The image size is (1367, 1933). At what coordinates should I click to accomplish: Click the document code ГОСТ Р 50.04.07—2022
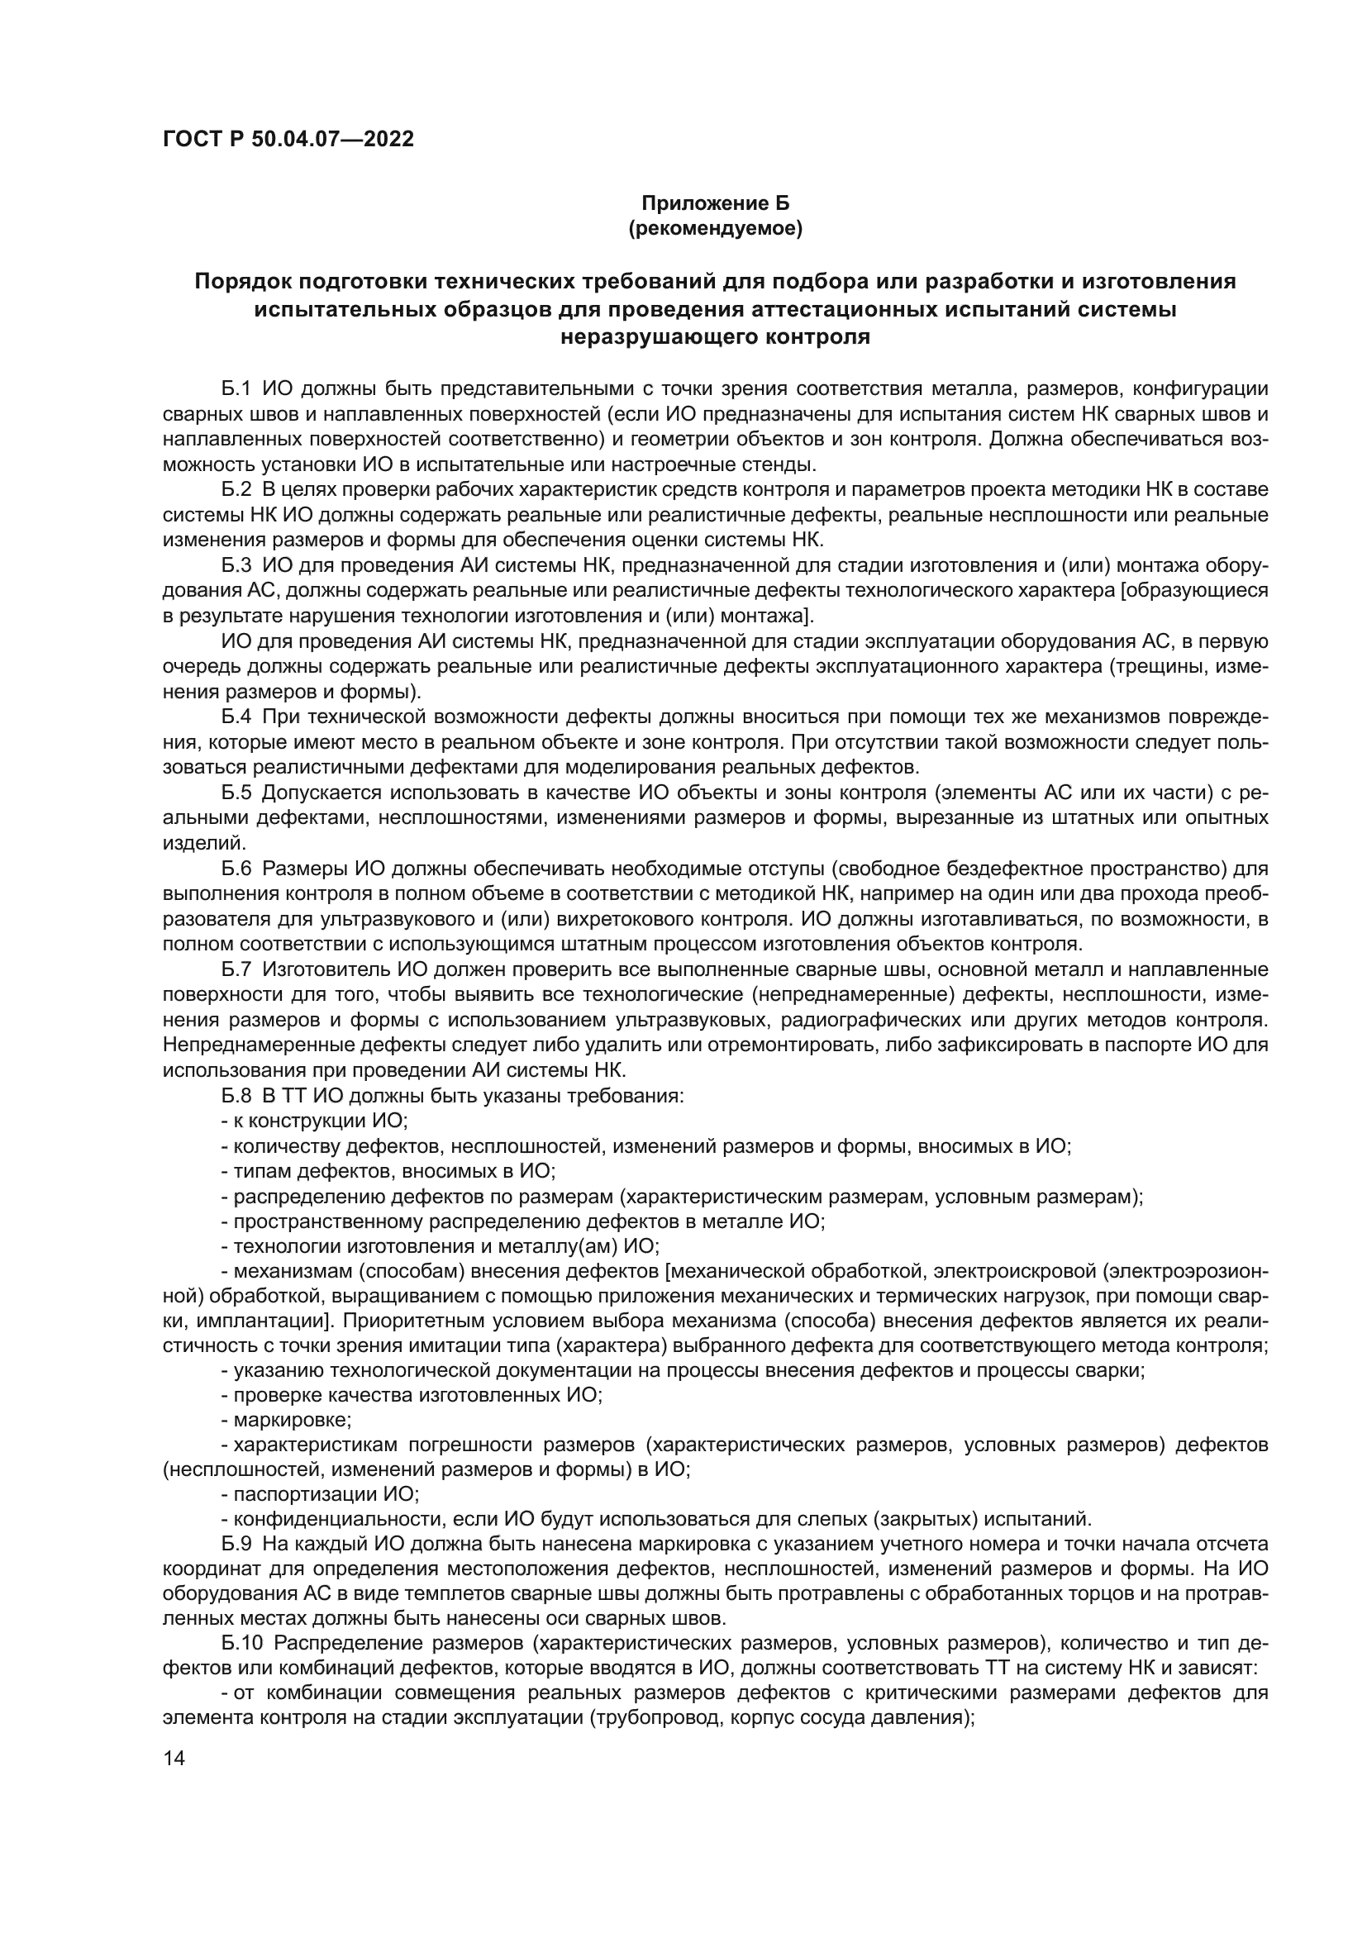coord(288,140)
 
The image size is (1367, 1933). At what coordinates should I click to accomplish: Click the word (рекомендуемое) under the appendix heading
coord(716,228)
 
